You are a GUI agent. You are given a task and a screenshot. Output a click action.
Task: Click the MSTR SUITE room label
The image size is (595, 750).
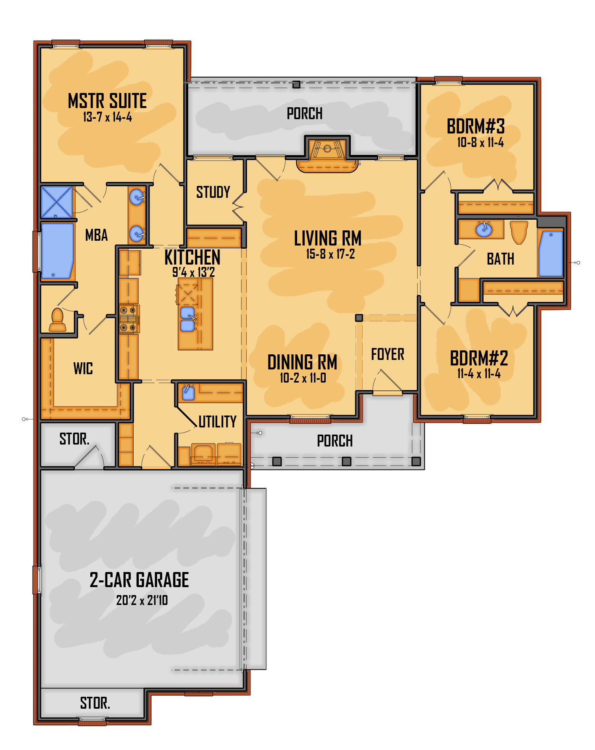pos(107,101)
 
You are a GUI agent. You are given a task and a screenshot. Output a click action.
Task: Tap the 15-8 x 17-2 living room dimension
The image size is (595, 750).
pos(330,254)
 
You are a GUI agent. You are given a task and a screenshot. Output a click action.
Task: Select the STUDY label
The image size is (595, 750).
pos(213,192)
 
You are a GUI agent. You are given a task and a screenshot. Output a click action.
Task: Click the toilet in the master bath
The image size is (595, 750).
pos(58,320)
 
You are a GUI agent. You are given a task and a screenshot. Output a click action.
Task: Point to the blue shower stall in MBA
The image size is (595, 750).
pos(57,202)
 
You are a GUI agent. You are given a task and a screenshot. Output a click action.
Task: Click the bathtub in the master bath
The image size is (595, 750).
pos(58,250)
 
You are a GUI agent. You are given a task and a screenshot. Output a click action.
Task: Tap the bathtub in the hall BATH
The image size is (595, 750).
pos(551,253)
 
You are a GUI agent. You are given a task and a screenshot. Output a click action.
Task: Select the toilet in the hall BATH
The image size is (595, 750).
pos(519,232)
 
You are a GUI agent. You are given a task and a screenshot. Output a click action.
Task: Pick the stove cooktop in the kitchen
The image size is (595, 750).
pos(128,319)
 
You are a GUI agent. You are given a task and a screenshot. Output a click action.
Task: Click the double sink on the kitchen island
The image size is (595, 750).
pos(188,319)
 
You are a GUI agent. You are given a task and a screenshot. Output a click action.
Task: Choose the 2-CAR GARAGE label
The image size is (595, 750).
pos(139,580)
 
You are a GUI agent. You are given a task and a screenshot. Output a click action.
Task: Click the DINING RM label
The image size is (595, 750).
pos(302,362)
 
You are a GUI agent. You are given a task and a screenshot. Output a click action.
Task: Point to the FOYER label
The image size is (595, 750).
pos(388,354)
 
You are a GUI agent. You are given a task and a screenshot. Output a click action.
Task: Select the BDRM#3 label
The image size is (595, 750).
pos(476,127)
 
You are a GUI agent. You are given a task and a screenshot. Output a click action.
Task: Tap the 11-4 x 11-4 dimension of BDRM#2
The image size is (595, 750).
pos(479,374)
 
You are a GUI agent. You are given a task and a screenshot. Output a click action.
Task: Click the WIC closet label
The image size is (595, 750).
pos(83,369)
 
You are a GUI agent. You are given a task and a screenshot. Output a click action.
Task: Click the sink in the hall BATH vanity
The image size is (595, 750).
pos(484,229)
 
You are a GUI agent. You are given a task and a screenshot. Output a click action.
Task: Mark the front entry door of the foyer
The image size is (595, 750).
pos(388,393)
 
